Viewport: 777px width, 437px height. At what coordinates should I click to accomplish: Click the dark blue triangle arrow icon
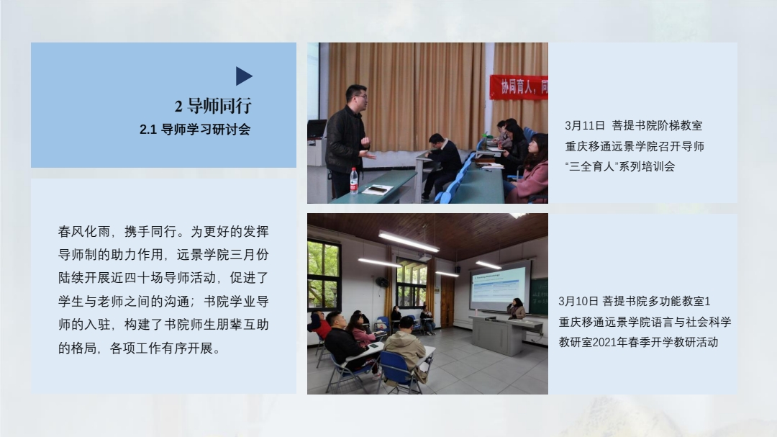(x=244, y=76)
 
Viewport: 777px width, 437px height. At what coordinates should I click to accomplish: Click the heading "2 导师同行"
(x=213, y=106)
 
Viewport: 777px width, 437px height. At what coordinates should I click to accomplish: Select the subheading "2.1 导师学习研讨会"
(x=195, y=130)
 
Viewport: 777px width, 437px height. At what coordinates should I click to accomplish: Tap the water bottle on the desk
(x=354, y=180)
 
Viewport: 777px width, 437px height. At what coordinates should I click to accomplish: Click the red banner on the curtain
(x=519, y=87)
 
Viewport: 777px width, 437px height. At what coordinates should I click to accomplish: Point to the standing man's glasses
(x=360, y=97)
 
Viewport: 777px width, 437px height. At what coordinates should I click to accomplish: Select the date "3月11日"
(x=585, y=125)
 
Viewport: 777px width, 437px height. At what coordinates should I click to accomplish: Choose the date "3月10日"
(x=578, y=301)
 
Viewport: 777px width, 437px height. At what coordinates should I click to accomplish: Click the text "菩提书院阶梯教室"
(x=657, y=125)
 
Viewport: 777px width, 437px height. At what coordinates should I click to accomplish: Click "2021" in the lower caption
(x=604, y=342)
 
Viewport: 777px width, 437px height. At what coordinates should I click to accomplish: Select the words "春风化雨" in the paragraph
(x=83, y=232)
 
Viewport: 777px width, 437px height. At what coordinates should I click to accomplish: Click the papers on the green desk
(x=378, y=189)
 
